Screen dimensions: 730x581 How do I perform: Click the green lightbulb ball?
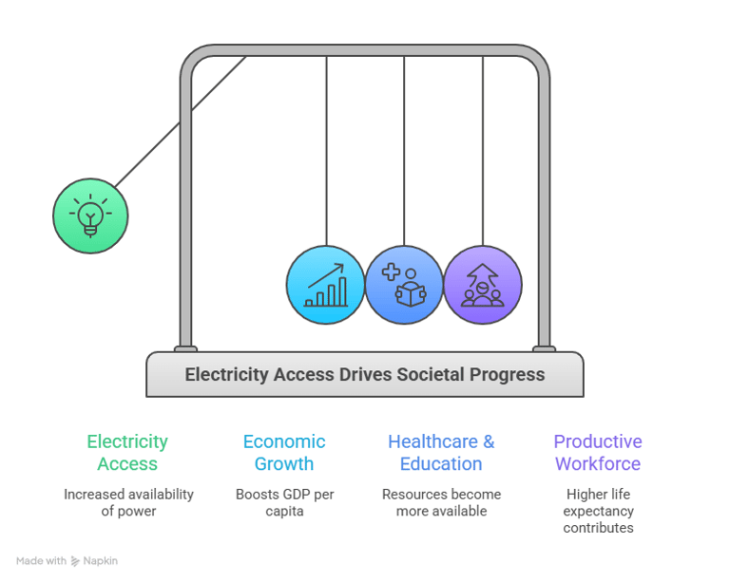[x=90, y=216]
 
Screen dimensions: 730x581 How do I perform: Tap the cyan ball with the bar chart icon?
[x=326, y=285]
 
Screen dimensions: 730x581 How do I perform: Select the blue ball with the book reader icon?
[x=404, y=285]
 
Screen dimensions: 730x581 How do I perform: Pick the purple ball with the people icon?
[x=483, y=285]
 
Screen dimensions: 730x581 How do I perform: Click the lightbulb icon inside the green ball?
[x=90, y=216]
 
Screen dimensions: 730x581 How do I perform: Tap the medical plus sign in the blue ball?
[x=391, y=272]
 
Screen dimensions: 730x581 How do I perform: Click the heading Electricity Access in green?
[x=127, y=452]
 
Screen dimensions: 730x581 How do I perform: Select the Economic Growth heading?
[x=284, y=452]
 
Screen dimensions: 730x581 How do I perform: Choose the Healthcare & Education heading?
[x=441, y=452]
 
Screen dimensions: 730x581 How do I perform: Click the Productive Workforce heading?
[x=598, y=452]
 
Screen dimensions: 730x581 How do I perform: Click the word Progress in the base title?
[x=507, y=375]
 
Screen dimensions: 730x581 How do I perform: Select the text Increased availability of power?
[x=128, y=502]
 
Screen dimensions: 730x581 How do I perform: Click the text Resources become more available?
[x=441, y=502]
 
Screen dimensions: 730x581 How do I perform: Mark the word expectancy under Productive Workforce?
[x=598, y=512]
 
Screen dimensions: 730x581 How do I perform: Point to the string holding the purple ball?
[x=483, y=151]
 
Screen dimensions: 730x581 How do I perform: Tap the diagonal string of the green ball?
[x=181, y=122]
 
